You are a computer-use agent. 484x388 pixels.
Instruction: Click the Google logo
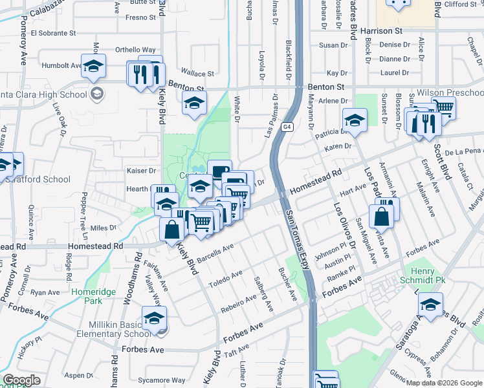[x=21, y=380]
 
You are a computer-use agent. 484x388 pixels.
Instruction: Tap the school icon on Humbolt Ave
[x=94, y=66]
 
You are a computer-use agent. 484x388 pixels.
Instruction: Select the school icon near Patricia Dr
[x=355, y=120]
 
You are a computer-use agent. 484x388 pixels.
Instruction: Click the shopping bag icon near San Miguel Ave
[x=382, y=217]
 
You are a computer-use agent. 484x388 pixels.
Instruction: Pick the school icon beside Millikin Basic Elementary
[x=155, y=318]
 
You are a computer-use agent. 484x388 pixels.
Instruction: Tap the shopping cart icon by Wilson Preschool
[x=443, y=107]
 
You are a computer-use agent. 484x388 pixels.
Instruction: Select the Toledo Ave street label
[x=226, y=278]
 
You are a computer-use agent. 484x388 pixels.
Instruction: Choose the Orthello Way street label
[x=135, y=50]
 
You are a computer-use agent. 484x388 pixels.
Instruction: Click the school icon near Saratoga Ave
[x=430, y=305]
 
